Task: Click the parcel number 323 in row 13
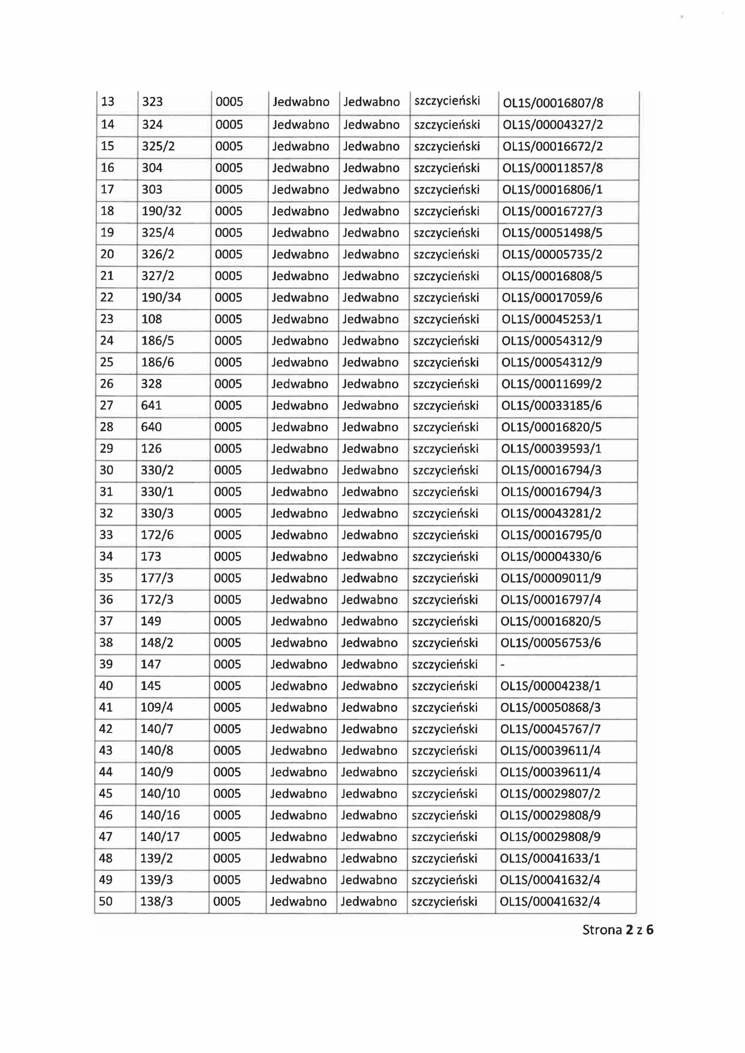click(152, 101)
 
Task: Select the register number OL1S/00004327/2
click(553, 125)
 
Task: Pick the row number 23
click(107, 319)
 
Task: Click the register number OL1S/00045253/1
click(551, 319)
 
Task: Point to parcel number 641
click(151, 406)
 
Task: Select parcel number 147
click(151, 664)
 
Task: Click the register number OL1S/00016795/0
click(551, 535)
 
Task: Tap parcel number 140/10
click(160, 794)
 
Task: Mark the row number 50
click(106, 902)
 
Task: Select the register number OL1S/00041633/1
click(550, 858)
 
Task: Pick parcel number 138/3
click(156, 902)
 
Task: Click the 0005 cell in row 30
click(228, 470)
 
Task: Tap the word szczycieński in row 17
click(447, 189)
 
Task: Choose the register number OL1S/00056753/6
click(550, 642)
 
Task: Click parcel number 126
click(151, 448)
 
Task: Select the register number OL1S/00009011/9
click(550, 578)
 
